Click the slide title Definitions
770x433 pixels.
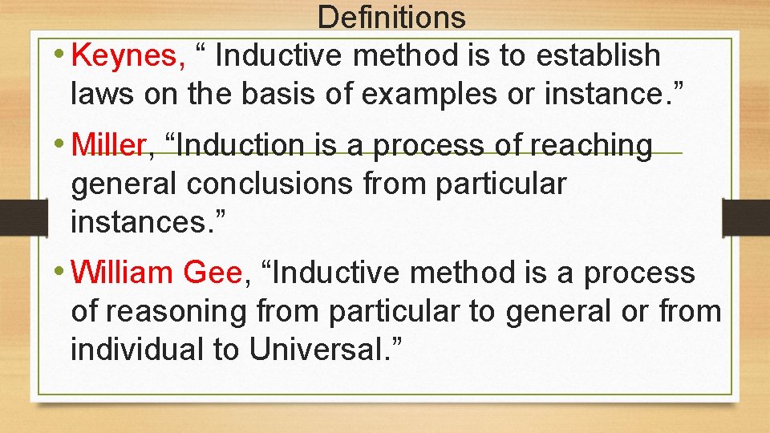pos(391,16)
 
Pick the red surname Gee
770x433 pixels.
pos(213,273)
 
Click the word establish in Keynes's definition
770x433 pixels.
pos(598,56)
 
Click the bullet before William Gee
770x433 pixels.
pos(61,272)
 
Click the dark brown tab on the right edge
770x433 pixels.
pos(745,217)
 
